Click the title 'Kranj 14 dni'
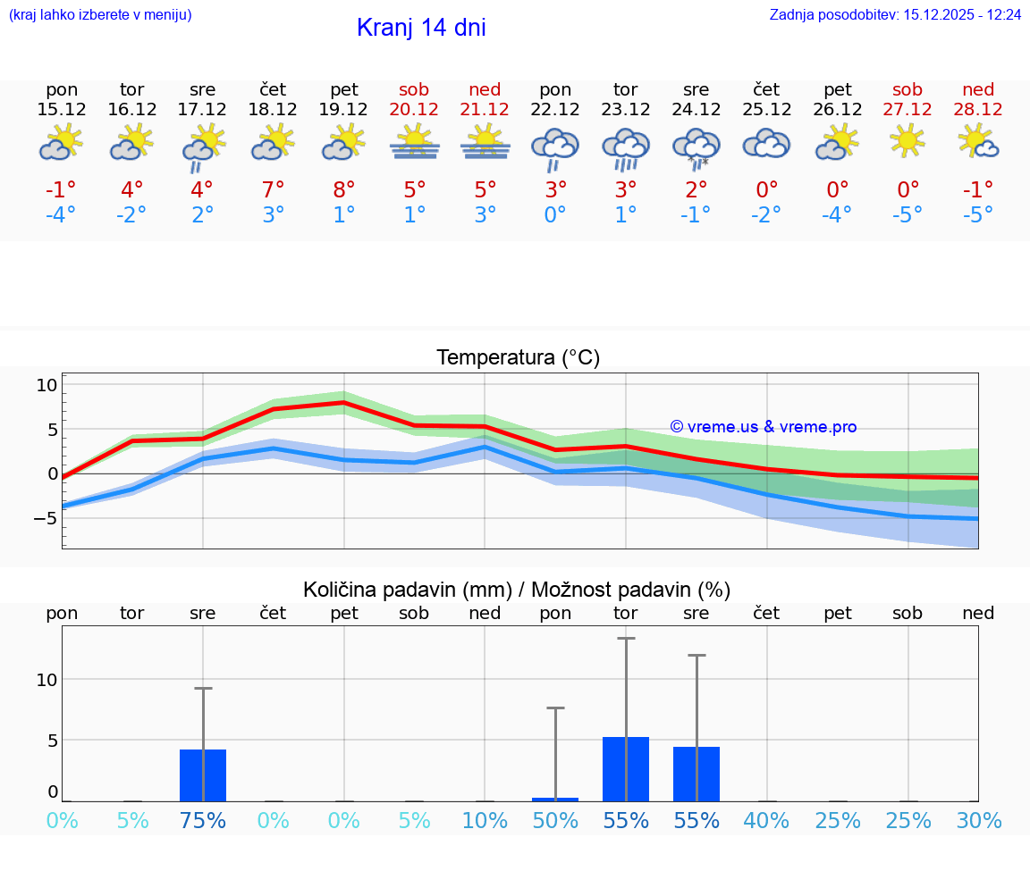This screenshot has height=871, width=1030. click(x=421, y=28)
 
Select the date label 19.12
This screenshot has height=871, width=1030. click(x=344, y=109)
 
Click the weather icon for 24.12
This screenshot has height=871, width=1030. click(x=697, y=147)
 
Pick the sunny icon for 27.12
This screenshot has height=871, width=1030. click(x=908, y=141)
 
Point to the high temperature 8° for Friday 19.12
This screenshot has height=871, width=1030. click(x=344, y=189)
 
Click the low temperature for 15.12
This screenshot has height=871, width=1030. click(x=62, y=214)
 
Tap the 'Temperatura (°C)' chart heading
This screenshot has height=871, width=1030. click(x=518, y=358)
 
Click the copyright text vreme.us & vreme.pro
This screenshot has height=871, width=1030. click(x=763, y=427)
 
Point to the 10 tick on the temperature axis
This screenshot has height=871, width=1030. click(x=46, y=386)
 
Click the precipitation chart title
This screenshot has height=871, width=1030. click(x=517, y=590)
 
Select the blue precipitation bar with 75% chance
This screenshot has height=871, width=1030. click(x=203, y=775)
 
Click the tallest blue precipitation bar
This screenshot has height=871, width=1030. click(x=626, y=769)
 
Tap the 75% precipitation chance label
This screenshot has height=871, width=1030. click(x=203, y=821)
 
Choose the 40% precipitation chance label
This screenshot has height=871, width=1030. click(x=766, y=821)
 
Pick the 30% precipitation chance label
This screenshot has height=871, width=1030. click(x=978, y=821)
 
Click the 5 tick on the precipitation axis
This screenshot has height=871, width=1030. click(x=52, y=741)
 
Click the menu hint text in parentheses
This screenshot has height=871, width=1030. click(x=100, y=15)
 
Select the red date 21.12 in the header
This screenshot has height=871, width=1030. click(x=485, y=109)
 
